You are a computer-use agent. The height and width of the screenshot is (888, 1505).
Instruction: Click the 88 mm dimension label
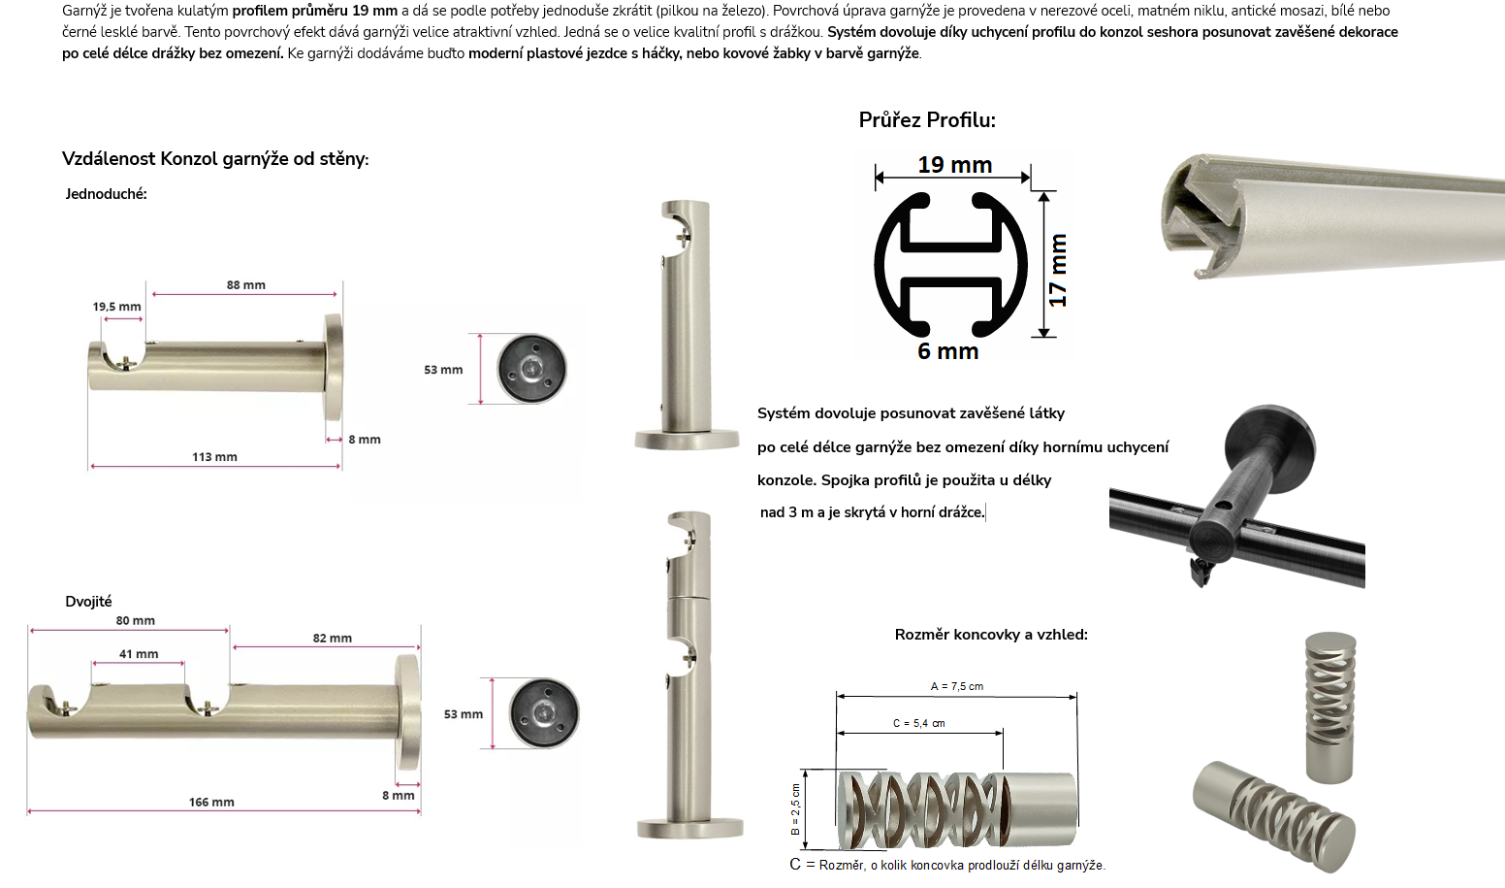point(246,285)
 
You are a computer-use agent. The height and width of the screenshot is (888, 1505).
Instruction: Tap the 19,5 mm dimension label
point(117,307)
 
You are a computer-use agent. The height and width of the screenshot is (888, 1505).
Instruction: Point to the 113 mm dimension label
point(214,457)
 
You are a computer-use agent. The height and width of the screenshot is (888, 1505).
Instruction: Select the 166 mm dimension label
point(211,802)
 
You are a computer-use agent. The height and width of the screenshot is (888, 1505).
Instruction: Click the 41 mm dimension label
point(139,654)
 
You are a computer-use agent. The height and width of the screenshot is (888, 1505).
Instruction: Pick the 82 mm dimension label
point(332,638)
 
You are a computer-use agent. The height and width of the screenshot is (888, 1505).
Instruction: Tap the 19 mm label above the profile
point(955,165)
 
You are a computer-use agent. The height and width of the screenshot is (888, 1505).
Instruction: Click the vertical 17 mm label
point(1058,270)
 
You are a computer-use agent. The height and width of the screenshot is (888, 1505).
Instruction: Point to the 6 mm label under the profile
point(948,351)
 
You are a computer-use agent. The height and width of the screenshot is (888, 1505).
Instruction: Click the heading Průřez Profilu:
point(927,120)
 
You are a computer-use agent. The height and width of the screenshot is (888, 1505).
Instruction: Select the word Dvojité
point(88,602)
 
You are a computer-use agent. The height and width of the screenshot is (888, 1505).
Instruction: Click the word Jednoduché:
point(106,194)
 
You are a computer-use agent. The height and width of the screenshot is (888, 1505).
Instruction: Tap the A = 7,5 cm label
point(957,686)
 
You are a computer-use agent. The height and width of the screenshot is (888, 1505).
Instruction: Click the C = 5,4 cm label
point(918,723)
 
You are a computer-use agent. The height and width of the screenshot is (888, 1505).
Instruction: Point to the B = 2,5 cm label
point(795,808)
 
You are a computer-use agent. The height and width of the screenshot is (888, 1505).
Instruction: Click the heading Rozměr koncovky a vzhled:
point(991,635)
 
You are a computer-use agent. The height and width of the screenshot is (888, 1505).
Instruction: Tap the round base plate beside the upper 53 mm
point(531,369)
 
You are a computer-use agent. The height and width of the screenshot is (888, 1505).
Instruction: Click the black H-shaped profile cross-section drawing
point(950,265)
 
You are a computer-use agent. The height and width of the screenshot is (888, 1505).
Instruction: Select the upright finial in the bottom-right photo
point(1329,707)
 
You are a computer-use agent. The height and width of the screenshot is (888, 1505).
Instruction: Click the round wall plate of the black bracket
point(1270,438)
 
